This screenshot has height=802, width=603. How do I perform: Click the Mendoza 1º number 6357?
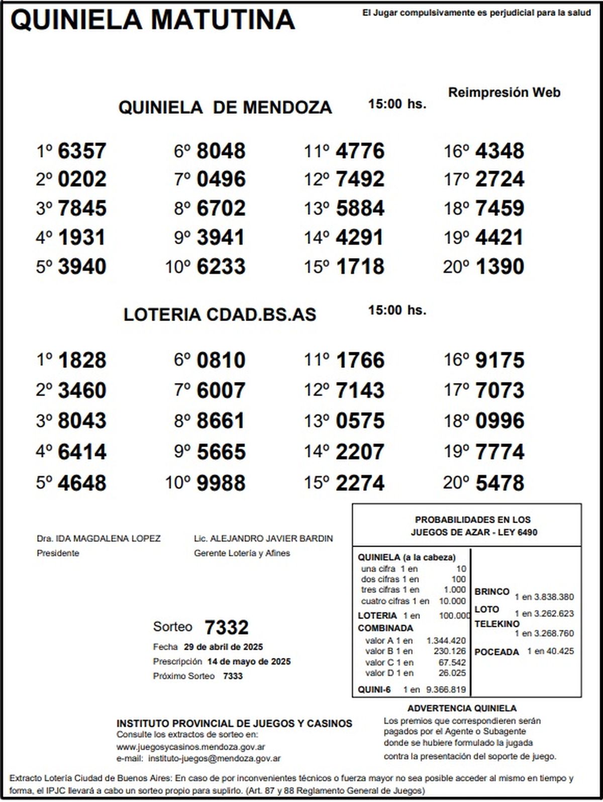[x=82, y=151]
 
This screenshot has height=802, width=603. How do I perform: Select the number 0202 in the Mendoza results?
[x=82, y=179]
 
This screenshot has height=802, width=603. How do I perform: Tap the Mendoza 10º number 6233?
[x=221, y=266]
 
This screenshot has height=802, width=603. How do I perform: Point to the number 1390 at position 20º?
[x=499, y=266]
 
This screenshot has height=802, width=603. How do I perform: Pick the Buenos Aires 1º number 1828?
[x=82, y=360]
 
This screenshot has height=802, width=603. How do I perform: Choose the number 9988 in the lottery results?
[x=221, y=483]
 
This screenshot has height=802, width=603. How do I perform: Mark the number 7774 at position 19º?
[x=499, y=452]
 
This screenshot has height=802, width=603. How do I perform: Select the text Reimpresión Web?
[x=504, y=92]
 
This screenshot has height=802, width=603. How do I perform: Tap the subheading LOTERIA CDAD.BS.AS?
[x=220, y=315]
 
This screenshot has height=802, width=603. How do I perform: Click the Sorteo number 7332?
[x=227, y=627]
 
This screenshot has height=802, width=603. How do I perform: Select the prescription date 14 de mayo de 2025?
[x=249, y=662]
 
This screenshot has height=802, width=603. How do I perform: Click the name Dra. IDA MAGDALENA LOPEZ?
[x=98, y=539]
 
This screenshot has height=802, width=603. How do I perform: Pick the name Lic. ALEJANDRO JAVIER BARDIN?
[x=263, y=539]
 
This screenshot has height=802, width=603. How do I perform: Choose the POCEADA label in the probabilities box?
[x=496, y=652]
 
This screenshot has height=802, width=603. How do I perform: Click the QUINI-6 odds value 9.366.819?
[x=446, y=690]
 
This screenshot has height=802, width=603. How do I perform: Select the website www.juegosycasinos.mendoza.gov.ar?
[x=191, y=747]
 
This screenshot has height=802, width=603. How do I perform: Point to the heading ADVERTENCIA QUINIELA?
[x=462, y=709]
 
